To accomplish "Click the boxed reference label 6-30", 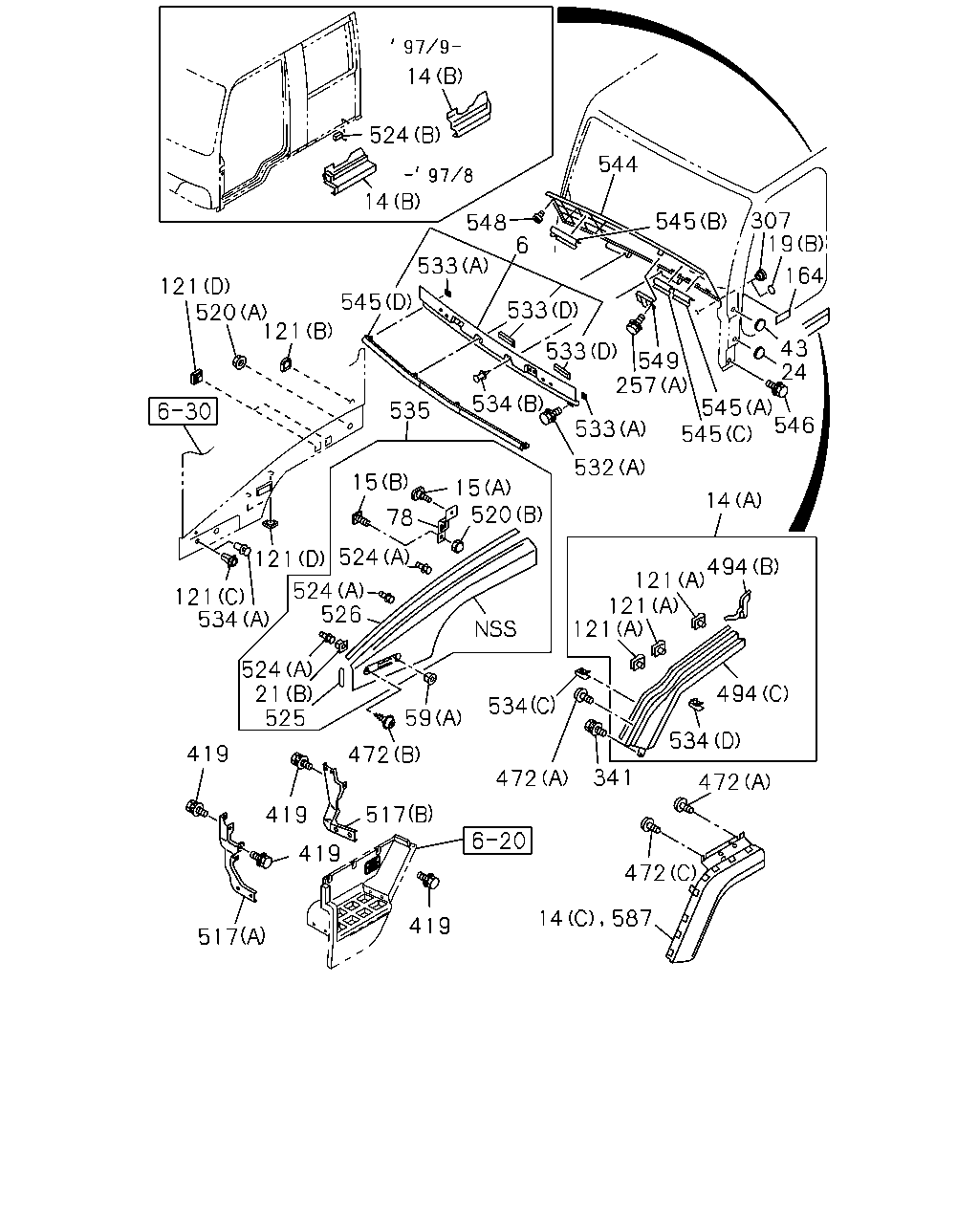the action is coord(183,410).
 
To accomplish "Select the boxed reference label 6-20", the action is coord(497,841).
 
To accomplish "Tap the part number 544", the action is coord(618,164).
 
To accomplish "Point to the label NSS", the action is coord(495,629).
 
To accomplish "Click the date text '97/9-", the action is coord(425,46).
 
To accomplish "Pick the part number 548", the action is coord(487,223).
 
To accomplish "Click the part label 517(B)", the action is coord(399,815).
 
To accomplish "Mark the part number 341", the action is coord(612,777).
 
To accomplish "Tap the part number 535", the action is coord(409,410).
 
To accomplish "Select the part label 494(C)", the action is coord(752,694).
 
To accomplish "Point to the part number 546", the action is coord(794,425).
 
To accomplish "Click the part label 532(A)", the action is coord(610,468).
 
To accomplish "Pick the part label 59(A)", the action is coord(433,718).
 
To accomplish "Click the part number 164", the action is coord(804,275).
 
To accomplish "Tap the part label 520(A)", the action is coord(231,313).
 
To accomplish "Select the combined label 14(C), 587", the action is coord(595,918).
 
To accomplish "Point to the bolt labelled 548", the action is coord(538,217).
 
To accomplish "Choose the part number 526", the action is coord(340,614).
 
